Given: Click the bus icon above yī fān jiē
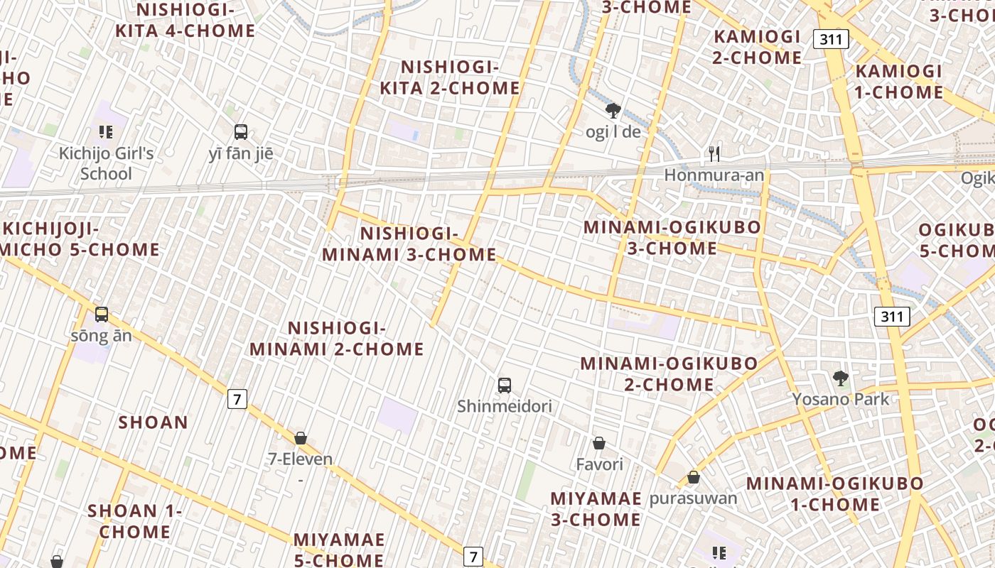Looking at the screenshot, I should click(241, 131).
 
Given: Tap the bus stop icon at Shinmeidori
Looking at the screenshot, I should click(505, 386).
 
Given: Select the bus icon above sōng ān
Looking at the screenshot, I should click(102, 314).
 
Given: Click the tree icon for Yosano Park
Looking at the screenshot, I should click(841, 378).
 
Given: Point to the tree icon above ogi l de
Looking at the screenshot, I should click(613, 111).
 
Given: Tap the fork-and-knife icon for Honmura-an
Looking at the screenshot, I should click(714, 153).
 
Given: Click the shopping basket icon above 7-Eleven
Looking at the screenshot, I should click(301, 438).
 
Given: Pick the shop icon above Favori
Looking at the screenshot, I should click(599, 444).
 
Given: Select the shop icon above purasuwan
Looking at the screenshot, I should click(694, 478).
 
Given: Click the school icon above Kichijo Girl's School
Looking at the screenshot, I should click(106, 131).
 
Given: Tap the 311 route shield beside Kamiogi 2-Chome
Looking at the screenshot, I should click(831, 39).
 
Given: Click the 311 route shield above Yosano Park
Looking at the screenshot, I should click(892, 316).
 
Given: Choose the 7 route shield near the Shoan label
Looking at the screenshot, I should click(237, 399).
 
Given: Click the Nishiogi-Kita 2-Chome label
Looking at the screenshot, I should click(450, 77).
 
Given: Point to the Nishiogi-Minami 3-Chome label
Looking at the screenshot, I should click(409, 244).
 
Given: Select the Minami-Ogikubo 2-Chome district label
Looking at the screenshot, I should click(669, 373).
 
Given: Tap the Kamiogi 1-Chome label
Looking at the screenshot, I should click(899, 82).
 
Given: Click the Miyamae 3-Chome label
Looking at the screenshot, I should click(596, 508).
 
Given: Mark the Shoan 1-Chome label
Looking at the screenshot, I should click(135, 520).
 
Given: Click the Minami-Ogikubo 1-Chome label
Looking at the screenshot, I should click(835, 494).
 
